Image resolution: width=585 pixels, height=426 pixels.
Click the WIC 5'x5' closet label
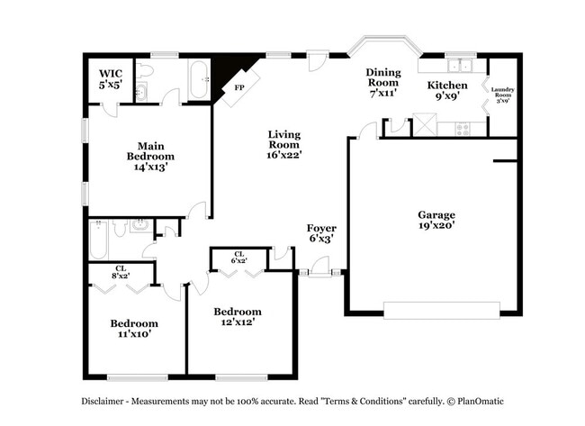(110, 78)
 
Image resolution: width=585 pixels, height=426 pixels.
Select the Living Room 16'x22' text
(283, 144)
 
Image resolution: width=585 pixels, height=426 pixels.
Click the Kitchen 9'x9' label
(446, 91)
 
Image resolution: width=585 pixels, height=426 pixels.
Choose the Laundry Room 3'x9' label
(502, 94)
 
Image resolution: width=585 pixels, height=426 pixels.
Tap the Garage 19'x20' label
(436, 220)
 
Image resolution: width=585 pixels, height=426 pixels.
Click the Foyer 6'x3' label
(321, 233)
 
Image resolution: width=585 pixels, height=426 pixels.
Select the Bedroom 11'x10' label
(134, 328)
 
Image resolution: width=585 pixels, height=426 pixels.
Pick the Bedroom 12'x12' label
(238, 316)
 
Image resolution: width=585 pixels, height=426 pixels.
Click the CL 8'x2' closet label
(121, 271)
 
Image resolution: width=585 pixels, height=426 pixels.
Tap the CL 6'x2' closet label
(239, 258)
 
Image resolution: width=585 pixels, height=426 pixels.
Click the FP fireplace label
(238, 88)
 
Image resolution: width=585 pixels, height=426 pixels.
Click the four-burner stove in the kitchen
(463, 128)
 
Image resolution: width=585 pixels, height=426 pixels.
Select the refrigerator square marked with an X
(424, 125)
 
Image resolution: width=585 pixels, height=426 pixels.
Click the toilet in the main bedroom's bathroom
(148, 68)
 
